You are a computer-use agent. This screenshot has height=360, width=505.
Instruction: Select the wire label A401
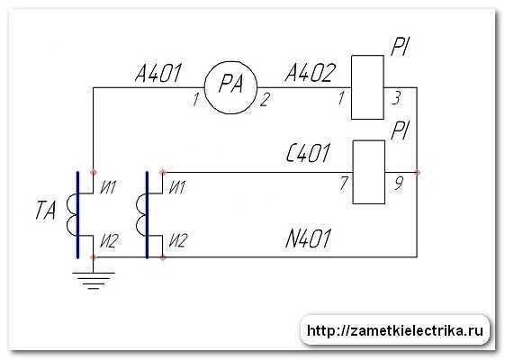[158, 73]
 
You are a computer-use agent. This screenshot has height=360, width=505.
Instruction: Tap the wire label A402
[310, 73]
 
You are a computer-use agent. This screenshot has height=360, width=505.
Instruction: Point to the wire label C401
[308, 153]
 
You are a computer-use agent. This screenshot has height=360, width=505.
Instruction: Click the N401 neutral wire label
[308, 238]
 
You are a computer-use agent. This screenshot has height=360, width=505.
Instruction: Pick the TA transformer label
[45, 211]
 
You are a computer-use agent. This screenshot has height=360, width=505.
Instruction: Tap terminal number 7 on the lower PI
[344, 184]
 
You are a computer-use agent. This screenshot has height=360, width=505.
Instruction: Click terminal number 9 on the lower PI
[399, 184]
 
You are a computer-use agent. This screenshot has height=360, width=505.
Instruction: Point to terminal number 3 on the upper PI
[396, 98]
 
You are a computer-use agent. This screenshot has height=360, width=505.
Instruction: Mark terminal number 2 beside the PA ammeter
[265, 99]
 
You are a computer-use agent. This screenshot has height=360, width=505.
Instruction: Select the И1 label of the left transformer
[108, 187]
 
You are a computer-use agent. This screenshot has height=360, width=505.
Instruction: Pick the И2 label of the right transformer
[177, 240]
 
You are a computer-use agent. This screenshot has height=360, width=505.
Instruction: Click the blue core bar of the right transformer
[148, 215]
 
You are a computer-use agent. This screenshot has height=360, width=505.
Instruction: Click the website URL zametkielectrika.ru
[395, 330]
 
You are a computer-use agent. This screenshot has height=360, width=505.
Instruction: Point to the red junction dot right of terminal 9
[418, 172]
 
